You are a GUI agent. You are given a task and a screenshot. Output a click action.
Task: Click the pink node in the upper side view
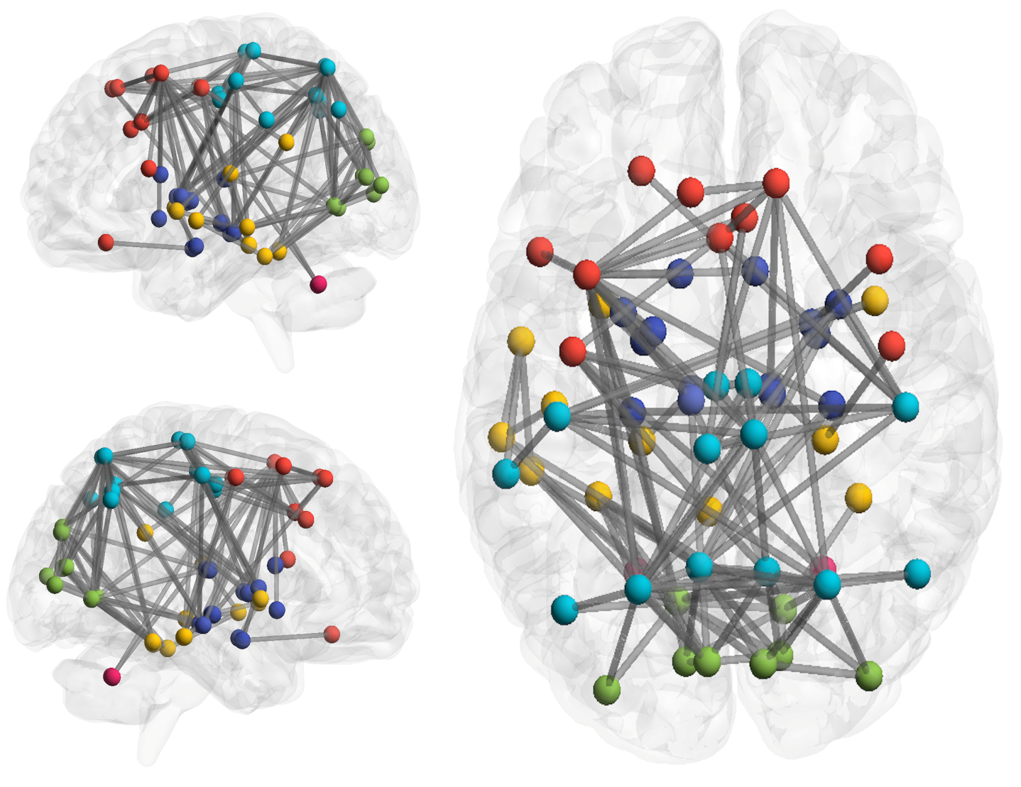tap(318, 285)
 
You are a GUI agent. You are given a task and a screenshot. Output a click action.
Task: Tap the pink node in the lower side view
tap(111, 676)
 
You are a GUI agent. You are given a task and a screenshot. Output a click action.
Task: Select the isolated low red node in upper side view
tap(106, 243)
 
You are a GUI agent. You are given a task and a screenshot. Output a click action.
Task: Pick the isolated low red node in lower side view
tap(332, 634)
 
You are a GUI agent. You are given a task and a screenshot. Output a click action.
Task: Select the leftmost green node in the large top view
tap(606, 689)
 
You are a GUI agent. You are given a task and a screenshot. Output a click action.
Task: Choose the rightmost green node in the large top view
tap(868, 676)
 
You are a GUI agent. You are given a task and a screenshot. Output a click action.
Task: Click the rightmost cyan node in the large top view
tap(917, 573)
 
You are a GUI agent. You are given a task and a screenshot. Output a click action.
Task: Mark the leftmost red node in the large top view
tap(540, 252)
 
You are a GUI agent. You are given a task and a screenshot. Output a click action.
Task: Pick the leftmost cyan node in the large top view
tap(506, 473)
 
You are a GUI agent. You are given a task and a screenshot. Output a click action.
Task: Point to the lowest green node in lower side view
tap(93, 598)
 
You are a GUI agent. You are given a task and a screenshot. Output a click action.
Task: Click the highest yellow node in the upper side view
tap(286, 142)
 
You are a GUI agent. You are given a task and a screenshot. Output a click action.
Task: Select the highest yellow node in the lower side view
tap(145, 532)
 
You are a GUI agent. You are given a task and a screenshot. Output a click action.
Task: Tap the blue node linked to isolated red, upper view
tap(194, 247)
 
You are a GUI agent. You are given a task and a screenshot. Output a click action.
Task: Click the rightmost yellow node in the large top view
tap(875, 300)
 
